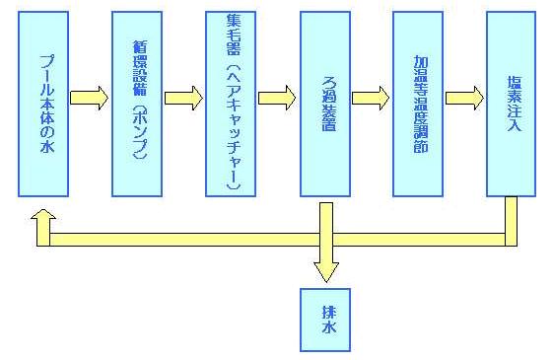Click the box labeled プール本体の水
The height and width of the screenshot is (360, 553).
[43, 104]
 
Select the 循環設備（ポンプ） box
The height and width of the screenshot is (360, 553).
[137, 104]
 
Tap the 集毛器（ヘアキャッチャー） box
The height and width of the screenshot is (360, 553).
[231, 104]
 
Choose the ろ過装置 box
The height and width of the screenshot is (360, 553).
[324, 104]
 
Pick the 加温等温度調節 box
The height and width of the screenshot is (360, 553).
[418, 104]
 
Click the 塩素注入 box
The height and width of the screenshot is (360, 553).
[512, 104]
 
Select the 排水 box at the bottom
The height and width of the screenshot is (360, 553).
[325, 321]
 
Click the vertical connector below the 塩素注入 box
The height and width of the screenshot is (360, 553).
[512, 217]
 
